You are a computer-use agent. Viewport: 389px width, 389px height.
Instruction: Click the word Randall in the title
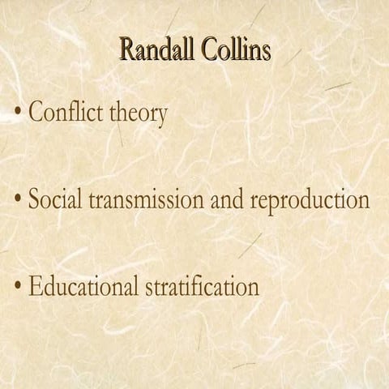[156, 50]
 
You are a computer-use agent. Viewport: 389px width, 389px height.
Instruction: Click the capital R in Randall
[127, 50]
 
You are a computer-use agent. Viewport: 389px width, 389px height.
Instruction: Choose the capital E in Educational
[35, 286]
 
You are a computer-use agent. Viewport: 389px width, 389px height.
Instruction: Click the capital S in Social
[35, 199]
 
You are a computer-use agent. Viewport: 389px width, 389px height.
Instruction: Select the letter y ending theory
[161, 116]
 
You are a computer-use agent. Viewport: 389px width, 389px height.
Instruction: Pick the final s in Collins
[267, 53]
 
